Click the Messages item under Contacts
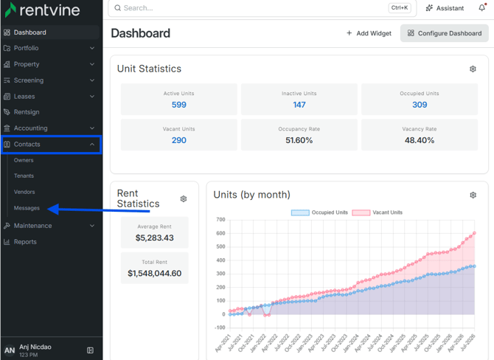[27, 208]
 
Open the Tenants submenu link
[24, 176]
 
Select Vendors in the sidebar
[24, 192]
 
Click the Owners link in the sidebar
[24, 160]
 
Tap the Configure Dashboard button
[444, 33]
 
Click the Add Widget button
[369, 33]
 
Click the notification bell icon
[482, 7]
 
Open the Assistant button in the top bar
[445, 8]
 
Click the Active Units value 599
[179, 105]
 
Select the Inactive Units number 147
[299, 105]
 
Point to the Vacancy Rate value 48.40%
[420, 140]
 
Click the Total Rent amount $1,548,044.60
[154, 273]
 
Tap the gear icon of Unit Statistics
[473, 69]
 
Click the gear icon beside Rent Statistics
[184, 199]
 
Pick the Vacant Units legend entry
[378, 212]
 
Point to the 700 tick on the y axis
[220, 220]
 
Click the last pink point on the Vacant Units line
[474, 233]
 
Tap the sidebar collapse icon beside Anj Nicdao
[90, 350]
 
